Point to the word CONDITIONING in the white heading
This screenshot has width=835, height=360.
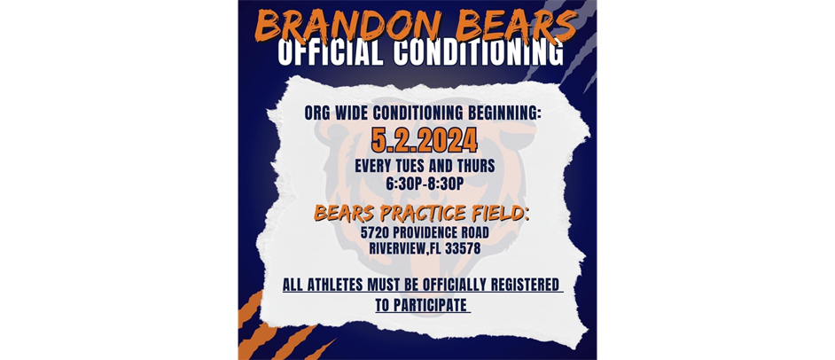click(x=475, y=53)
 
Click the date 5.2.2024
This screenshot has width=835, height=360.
click(x=424, y=140)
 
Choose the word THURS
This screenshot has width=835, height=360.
click(x=475, y=166)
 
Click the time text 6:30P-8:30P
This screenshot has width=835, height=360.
click(x=425, y=184)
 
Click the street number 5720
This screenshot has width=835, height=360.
click(x=376, y=232)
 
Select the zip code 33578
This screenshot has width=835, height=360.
click(x=463, y=248)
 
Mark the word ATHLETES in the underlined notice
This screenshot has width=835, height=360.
click(x=337, y=286)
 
